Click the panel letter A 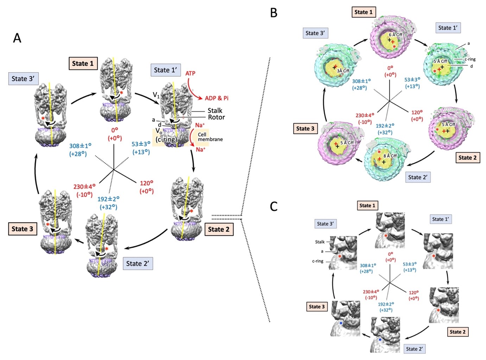(x=17, y=37)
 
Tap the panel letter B (x=274, y=13)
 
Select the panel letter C (x=274, y=206)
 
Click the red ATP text (x=190, y=73)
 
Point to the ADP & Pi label (x=216, y=98)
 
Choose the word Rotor (x=216, y=117)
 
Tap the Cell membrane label (x=210, y=137)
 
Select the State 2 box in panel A (x=219, y=229)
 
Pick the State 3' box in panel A (x=23, y=79)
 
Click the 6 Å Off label (x=396, y=35)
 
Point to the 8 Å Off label (x=390, y=156)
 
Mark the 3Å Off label (x=343, y=71)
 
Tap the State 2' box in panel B (x=417, y=177)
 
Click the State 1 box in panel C (x=367, y=205)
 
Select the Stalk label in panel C (x=320, y=242)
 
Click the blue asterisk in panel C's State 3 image (x=341, y=323)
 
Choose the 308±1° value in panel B (x=361, y=81)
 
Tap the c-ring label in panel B (x=470, y=59)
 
